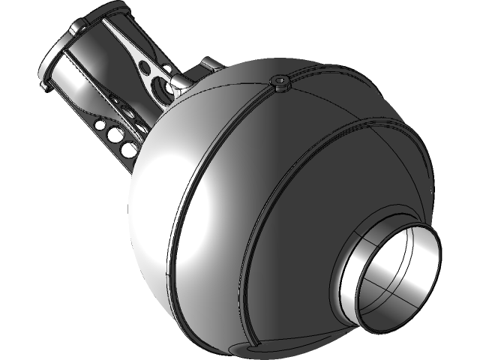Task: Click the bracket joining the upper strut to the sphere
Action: point(180,82)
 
